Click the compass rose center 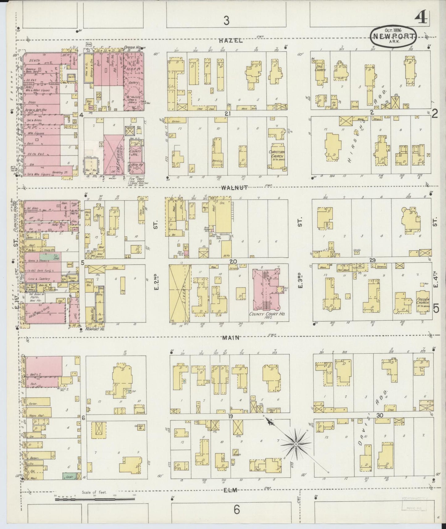click(x=296, y=444)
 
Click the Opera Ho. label click(x=132, y=48)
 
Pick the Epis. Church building click(x=320, y=72)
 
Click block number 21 click(x=228, y=114)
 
